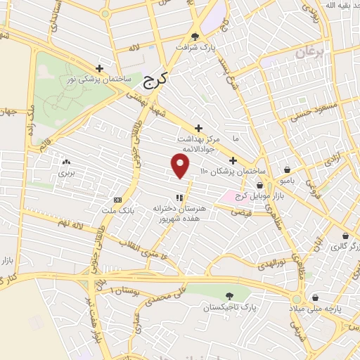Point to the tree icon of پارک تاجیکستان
coord(229,297)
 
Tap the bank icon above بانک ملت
coord(117,199)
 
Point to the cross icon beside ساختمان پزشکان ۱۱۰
coord(233,160)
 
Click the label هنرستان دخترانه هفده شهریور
coord(179,214)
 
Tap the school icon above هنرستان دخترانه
coord(179,198)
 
